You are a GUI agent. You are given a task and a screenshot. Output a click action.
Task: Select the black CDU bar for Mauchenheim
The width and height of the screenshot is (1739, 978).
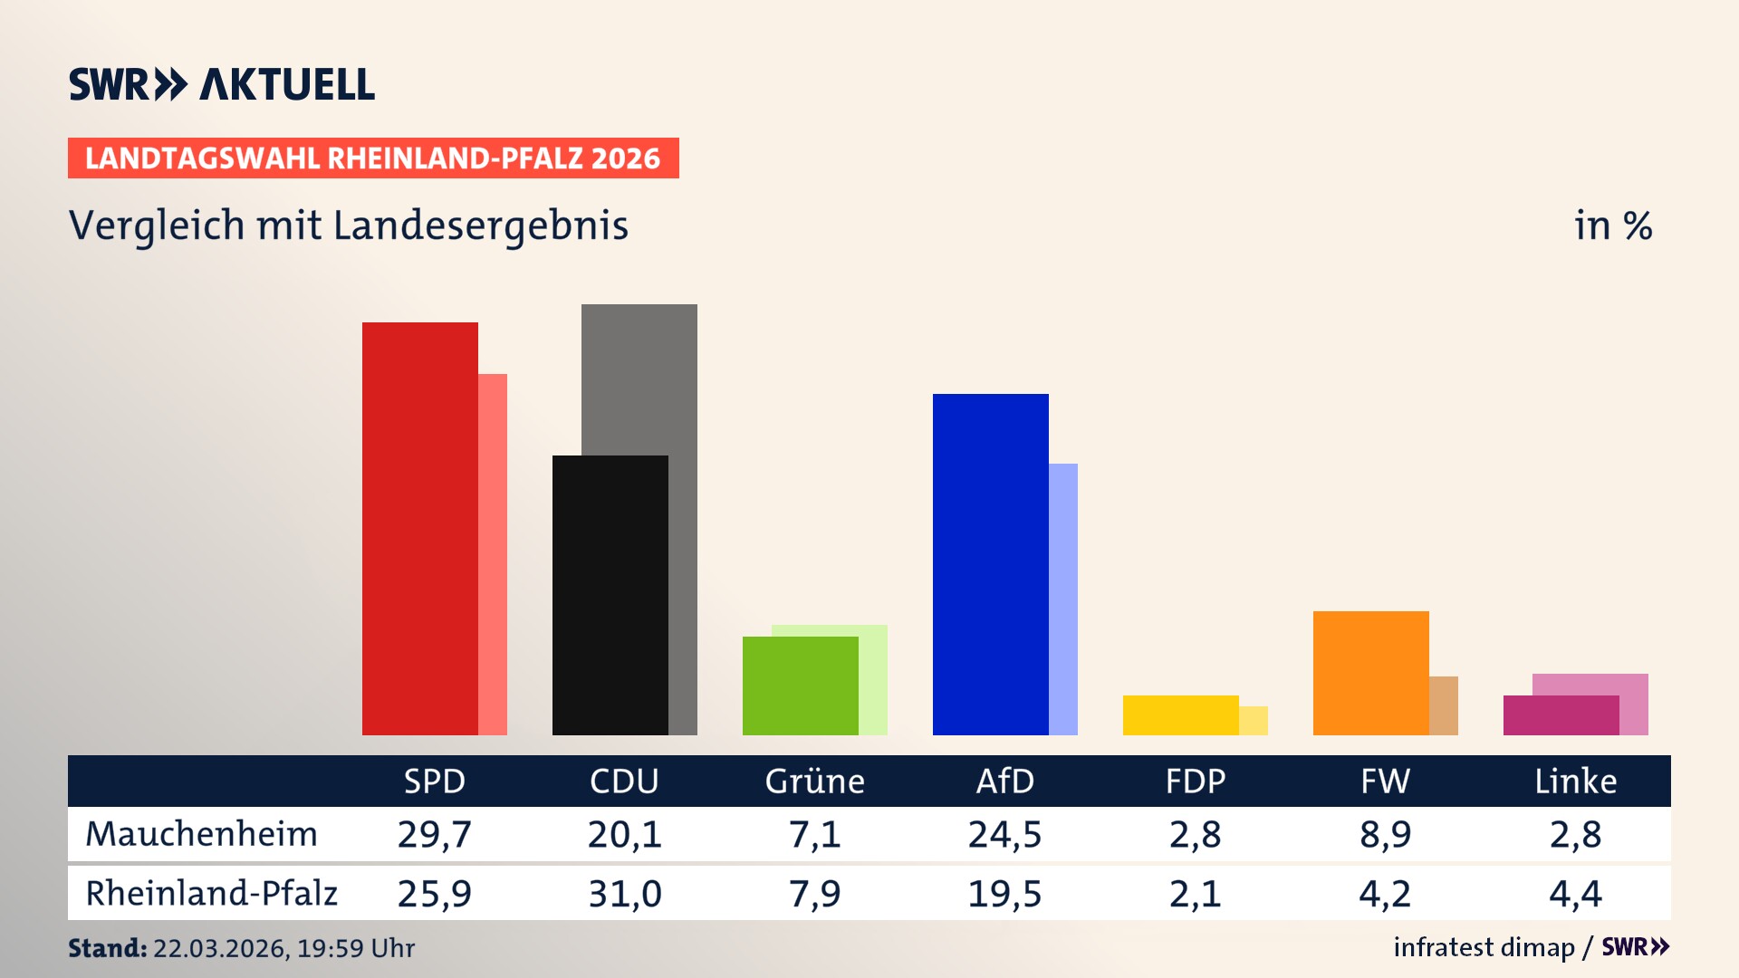click(610, 595)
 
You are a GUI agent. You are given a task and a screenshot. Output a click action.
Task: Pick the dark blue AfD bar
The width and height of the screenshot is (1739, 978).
click(990, 564)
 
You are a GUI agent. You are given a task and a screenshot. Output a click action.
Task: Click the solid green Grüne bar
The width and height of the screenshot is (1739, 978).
click(800, 686)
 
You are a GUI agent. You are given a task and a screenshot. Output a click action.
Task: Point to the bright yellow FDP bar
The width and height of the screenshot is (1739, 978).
click(1180, 714)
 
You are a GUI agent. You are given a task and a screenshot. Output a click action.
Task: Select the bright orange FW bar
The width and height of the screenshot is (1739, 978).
click(1370, 673)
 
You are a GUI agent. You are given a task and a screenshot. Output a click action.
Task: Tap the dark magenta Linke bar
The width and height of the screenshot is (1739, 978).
click(1561, 714)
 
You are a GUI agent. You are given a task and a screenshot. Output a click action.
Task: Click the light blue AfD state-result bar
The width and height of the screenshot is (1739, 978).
click(1063, 599)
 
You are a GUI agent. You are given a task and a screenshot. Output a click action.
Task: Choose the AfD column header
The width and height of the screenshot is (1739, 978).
click(1004, 781)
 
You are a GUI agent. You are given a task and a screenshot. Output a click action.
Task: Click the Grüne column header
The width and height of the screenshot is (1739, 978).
click(814, 781)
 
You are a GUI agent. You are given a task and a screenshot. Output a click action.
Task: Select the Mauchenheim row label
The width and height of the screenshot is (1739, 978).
click(201, 834)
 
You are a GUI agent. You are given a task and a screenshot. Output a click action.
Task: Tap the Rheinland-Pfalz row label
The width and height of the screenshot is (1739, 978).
click(211, 894)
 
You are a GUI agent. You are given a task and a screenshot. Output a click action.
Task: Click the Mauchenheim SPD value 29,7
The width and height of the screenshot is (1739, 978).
click(434, 834)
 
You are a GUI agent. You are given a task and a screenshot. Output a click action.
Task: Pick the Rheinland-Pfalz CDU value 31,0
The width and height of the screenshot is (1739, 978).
click(624, 894)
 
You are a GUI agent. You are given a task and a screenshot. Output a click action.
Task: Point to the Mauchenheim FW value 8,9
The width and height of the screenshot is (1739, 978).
click(1385, 834)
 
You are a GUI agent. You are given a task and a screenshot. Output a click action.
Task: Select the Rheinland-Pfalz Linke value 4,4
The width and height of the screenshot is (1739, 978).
click(1575, 894)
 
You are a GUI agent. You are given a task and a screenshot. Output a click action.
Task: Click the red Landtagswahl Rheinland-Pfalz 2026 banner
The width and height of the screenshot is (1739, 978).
click(373, 158)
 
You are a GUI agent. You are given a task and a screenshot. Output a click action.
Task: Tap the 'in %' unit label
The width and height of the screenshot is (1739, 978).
click(1612, 226)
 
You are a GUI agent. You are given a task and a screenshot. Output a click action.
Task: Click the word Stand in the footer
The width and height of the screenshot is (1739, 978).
click(107, 948)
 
